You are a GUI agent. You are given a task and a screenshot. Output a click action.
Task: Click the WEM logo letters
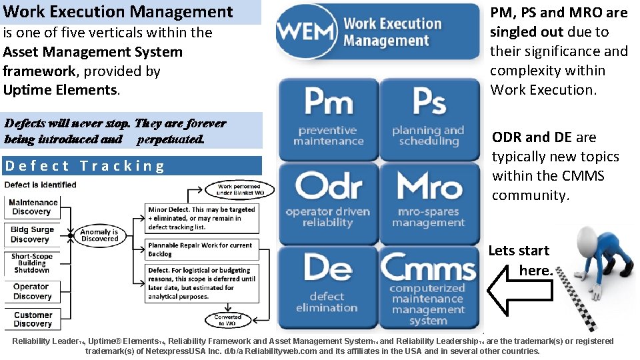(x=307, y=31)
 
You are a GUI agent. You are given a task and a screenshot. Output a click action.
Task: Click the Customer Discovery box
(x=33, y=319)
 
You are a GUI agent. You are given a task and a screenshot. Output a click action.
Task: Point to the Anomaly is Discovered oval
(x=99, y=235)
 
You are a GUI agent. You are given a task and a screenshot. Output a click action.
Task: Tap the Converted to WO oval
(x=229, y=321)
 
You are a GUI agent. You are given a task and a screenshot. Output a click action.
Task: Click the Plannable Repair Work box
(x=201, y=249)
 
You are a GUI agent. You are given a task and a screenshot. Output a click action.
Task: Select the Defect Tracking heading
(x=85, y=166)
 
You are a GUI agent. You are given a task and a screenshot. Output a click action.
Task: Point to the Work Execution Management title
(x=118, y=11)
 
